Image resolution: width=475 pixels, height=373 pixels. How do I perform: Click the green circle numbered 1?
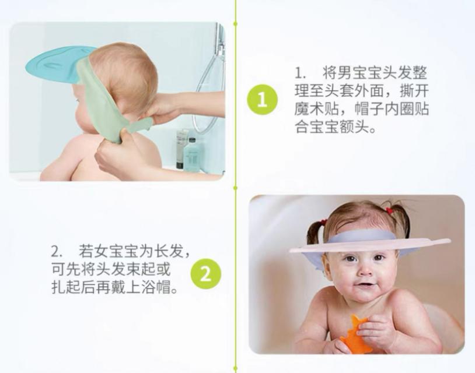coord(263,99)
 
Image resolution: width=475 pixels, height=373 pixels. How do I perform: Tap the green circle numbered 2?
coord(205,275)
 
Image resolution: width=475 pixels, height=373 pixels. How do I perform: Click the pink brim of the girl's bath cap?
coord(369,245)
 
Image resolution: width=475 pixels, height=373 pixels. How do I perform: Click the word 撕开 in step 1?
coord(414,91)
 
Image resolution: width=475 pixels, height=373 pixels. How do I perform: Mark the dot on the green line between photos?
coord(235,188)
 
